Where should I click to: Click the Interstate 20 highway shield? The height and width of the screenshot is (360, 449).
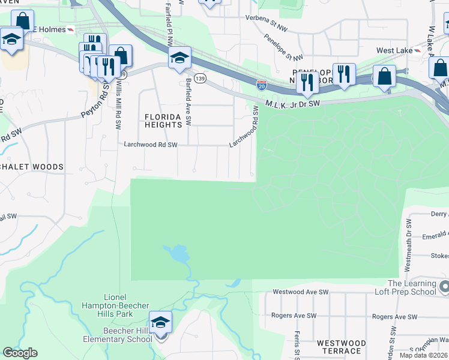(x=262, y=86)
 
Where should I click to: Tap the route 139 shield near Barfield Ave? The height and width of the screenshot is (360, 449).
(x=200, y=78)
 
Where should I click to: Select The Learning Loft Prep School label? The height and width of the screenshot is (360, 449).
(x=411, y=287)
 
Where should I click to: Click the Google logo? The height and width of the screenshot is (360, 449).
(x=20, y=353)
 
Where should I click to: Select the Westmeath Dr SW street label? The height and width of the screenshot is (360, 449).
(x=408, y=237)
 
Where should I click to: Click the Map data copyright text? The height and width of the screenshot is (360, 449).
(x=424, y=355)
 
